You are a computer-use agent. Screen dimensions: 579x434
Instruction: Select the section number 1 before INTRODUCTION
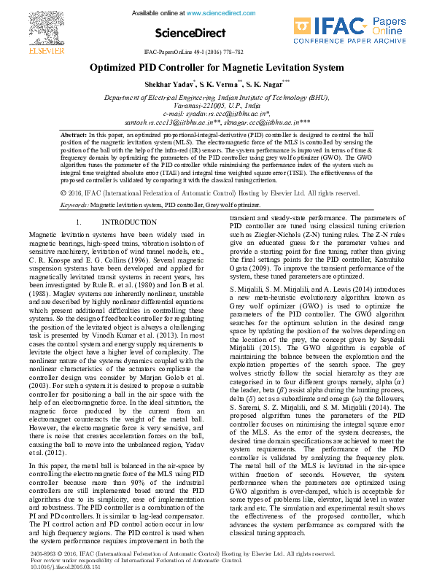point(78,222)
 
